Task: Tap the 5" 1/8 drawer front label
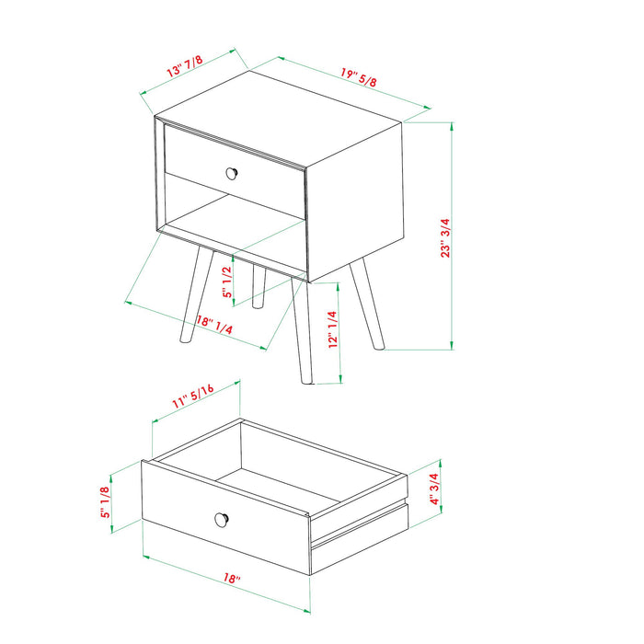pos(106,501)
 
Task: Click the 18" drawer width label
pos(231,580)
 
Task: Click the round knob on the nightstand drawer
pos(233,171)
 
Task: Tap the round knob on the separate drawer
pos(221,519)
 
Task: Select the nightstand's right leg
pos(368,304)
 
